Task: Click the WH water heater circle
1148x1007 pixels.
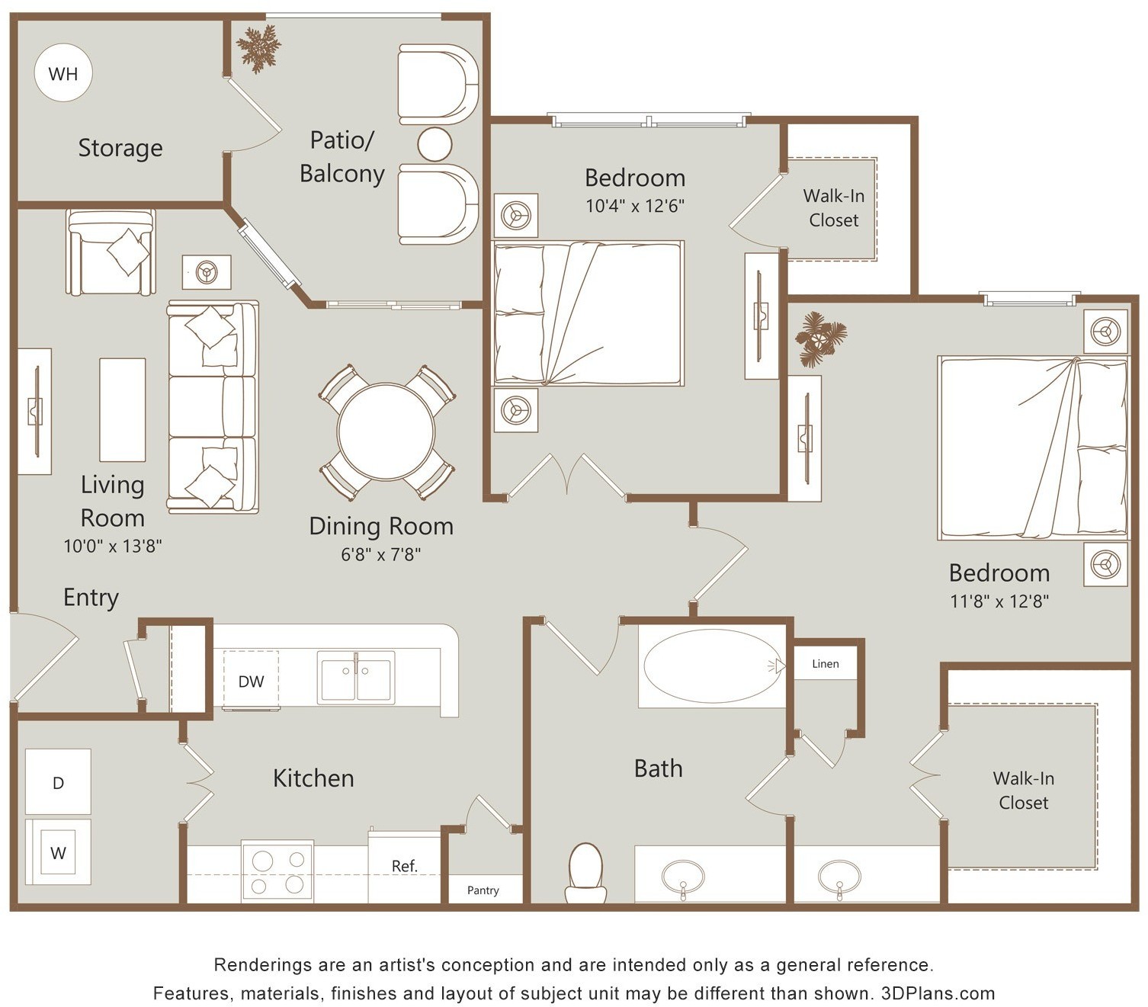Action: coord(63,73)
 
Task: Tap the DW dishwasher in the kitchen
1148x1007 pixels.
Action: coord(251,681)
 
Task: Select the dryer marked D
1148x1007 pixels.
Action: coord(58,782)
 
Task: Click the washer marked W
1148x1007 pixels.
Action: coord(58,851)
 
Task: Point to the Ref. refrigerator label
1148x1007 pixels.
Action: coord(404,865)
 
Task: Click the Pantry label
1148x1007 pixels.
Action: coord(483,890)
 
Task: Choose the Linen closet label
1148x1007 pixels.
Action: coord(825,664)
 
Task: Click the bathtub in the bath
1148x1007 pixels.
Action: coord(712,665)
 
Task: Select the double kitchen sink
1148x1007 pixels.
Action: coord(355,677)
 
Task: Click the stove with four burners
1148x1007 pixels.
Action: coord(277,871)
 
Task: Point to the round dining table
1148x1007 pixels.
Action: coord(385,432)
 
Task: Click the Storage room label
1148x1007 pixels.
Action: coord(120,148)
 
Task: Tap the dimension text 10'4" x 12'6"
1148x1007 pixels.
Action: coord(635,205)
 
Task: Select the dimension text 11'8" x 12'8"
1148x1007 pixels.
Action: coord(999,601)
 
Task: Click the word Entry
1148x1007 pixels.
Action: coord(91,598)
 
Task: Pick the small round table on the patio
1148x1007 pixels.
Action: coord(435,144)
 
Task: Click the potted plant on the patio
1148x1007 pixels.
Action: coord(258,49)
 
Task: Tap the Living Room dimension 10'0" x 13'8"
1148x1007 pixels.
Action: coord(112,546)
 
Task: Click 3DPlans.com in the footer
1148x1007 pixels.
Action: coord(938,993)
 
